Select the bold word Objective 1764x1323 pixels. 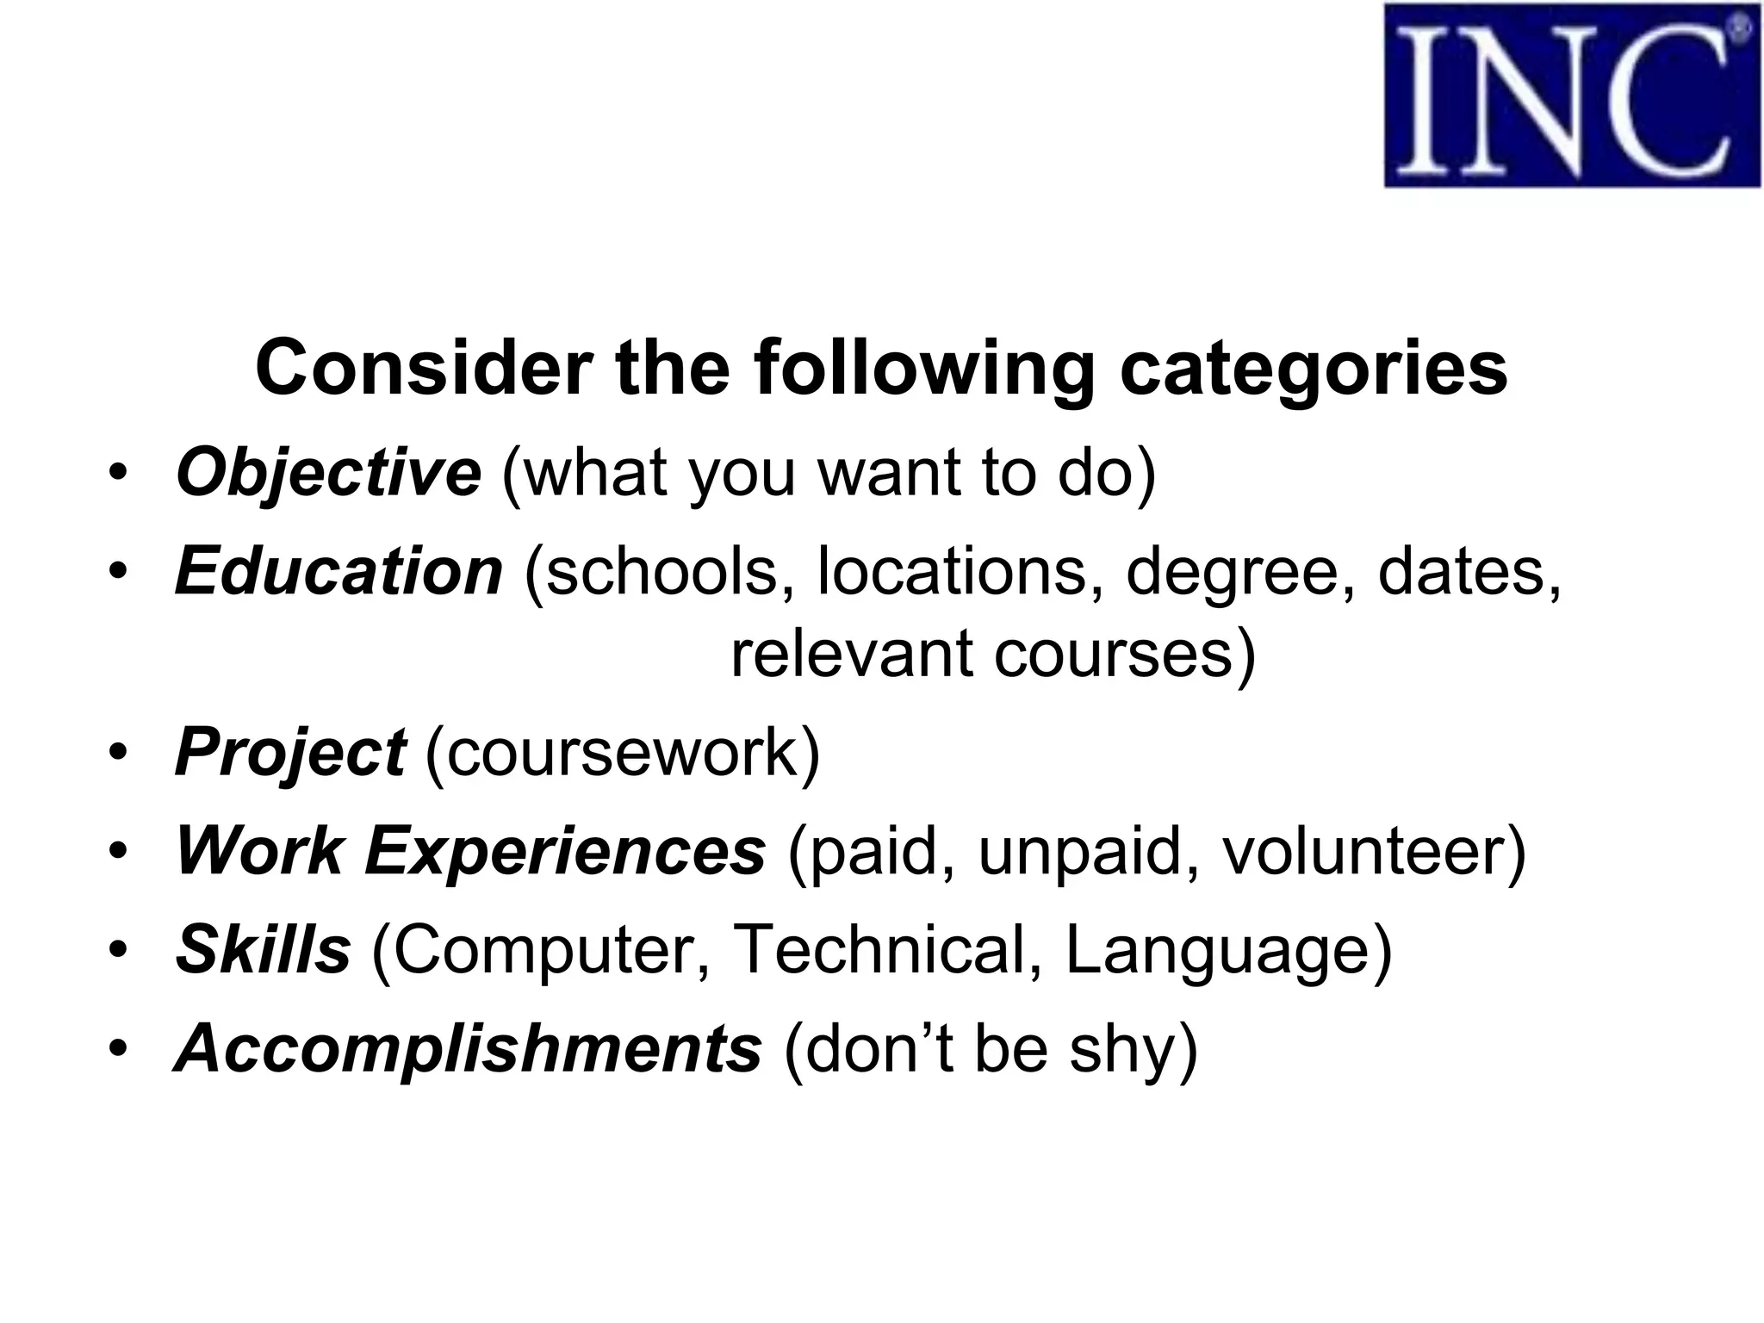point(328,473)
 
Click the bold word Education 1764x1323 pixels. point(339,572)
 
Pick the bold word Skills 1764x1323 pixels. point(263,950)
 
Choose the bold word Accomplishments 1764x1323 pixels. point(468,1049)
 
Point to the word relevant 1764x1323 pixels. point(851,654)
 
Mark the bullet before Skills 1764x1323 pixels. point(118,950)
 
